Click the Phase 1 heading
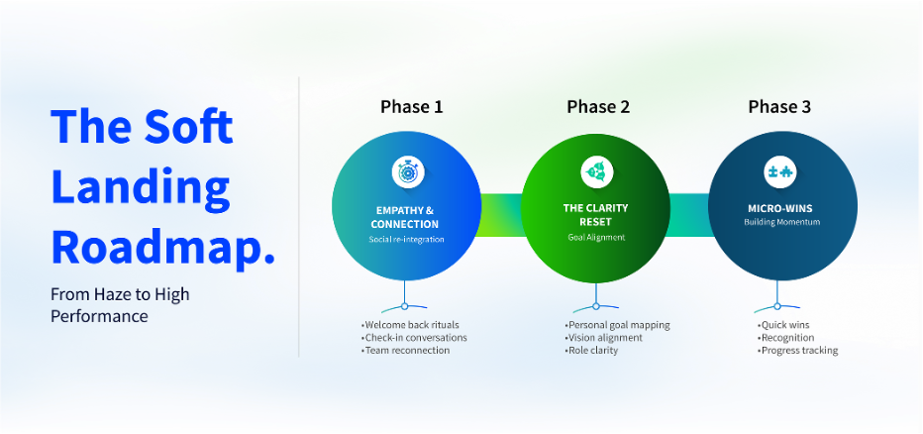(x=411, y=107)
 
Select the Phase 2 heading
(x=598, y=107)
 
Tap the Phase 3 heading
(x=779, y=107)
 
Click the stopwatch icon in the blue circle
(x=407, y=171)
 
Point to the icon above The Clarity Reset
(x=596, y=171)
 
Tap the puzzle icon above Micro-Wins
(x=781, y=171)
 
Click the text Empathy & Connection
(x=405, y=217)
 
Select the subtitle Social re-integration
(x=405, y=240)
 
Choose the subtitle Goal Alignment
(x=596, y=238)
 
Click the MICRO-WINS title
(x=781, y=209)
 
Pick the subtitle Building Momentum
(x=781, y=222)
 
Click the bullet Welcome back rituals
(x=411, y=324)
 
